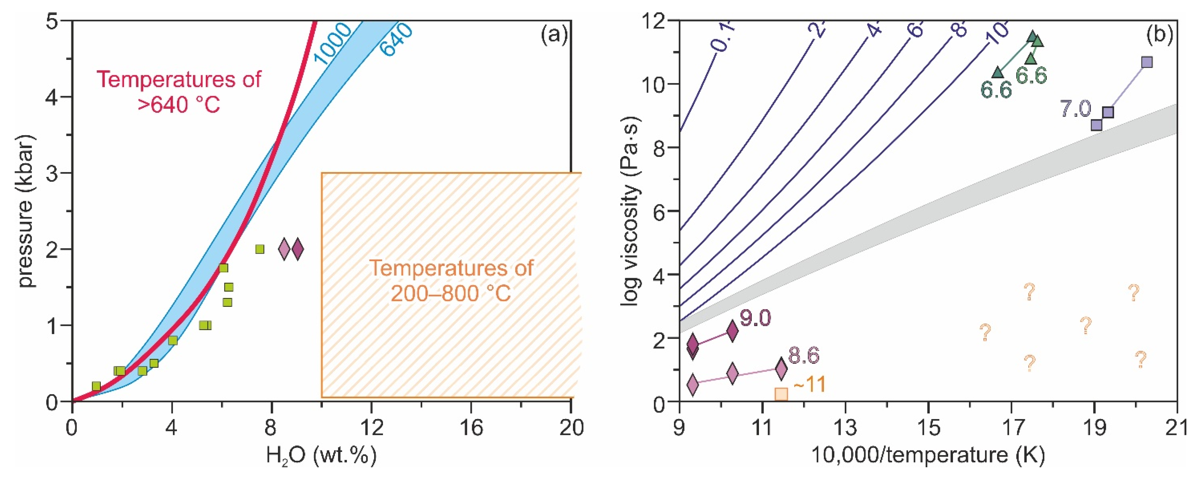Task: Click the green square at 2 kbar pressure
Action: (x=260, y=249)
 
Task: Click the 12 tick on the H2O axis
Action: (x=371, y=427)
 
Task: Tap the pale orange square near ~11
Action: (x=781, y=394)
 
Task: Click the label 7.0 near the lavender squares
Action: (x=1076, y=109)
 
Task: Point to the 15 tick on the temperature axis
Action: (x=929, y=427)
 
